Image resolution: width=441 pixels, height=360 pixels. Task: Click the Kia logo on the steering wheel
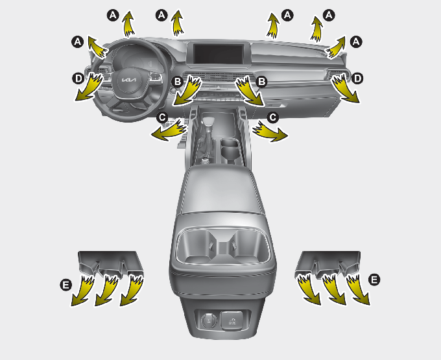pos(129,80)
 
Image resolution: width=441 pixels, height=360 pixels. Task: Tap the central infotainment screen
pos(219,54)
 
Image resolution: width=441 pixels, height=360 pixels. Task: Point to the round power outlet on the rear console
pos(209,320)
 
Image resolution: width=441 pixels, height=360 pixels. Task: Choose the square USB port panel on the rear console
pos(232,320)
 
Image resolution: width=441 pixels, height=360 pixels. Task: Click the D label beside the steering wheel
pos(78,78)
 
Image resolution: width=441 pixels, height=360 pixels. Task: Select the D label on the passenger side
pos(357,78)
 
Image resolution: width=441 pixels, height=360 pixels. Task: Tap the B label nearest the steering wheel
pos(177,82)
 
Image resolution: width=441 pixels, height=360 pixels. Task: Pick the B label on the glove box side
pos(261,82)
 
